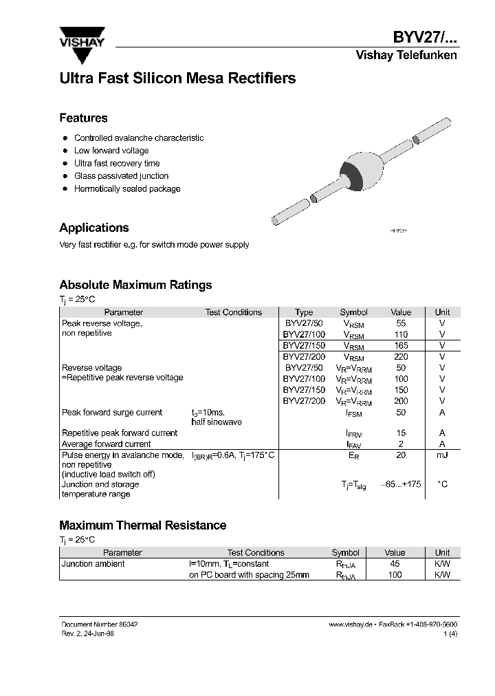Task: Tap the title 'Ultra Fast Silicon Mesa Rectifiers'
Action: pyautogui.click(x=177, y=78)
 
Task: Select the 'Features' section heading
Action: pyautogui.click(x=83, y=118)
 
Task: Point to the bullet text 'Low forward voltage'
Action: pyautogui.click(x=111, y=151)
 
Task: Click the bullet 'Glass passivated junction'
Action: pyautogui.click(x=121, y=176)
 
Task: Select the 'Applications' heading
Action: pyautogui.click(x=94, y=228)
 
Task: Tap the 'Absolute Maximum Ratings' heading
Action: pyautogui.click(x=135, y=285)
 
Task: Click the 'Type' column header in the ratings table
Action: pyautogui.click(x=303, y=312)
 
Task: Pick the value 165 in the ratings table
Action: pyautogui.click(x=401, y=345)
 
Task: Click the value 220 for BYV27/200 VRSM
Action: pyautogui.click(x=401, y=356)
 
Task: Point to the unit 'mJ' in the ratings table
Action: pyautogui.click(x=442, y=455)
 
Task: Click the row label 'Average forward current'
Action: pyautogui.click(x=107, y=444)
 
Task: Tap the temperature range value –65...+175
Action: pyautogui.click(x=400, y=484)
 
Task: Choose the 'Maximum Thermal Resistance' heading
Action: pyautogui.click(x=142, y=525)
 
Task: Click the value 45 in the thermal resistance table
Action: pyautogui.click(x=395, y=564)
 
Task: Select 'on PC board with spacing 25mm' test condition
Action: pyautogui.click(x=249, y=575)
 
